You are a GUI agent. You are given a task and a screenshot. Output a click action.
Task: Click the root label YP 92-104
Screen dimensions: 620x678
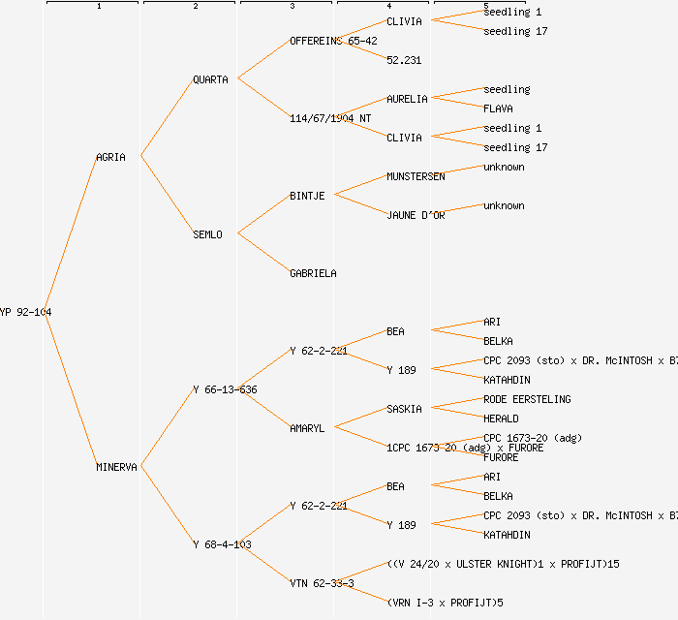pyautogui.click(x=25, y=312)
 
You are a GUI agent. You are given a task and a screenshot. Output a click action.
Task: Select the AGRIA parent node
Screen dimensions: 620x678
pyautogui.click(x=110, y=157)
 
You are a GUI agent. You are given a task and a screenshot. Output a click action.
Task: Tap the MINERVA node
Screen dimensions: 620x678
pyautogui.click(x=116, y=467)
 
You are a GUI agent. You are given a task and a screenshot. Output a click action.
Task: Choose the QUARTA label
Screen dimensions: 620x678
pyautogui.click(x=210, y=79)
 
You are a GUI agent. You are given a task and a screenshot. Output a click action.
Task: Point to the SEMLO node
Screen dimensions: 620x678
pyautogui.click(x=207, y=234)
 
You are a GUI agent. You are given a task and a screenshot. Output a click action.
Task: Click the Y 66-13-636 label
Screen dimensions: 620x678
pyautogui.click(x=225, y=389)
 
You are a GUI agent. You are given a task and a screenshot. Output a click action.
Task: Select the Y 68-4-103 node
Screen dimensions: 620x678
pyautogui.click(x=222, y=544)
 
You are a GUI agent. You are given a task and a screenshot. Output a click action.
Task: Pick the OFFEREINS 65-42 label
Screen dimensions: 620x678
pyautogui.click(x=334, y=41)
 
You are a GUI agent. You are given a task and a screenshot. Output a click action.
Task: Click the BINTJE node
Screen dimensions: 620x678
pyautogui.click(x=307, y=196)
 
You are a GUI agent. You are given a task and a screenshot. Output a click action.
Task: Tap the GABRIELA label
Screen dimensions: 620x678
pyautogui.click(x=313, y=273)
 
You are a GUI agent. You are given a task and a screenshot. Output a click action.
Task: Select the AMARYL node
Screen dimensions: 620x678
pyautogui.click(x=307, y=428)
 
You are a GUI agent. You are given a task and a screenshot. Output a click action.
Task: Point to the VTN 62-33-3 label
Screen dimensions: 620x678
pyautogui.click(x=322, y=583)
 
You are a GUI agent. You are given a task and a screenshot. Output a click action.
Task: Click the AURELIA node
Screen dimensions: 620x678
pyautogui.click(x=407, y=99)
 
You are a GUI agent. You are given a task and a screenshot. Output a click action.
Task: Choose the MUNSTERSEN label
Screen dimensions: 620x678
pyautogui.click(x=416, y=176)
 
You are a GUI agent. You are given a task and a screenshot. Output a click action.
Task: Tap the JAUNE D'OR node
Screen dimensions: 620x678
pyautogui.click(x=416, y=215)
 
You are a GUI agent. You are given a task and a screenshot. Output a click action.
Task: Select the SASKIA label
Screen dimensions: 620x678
pyautogui.click(x=404, y=409)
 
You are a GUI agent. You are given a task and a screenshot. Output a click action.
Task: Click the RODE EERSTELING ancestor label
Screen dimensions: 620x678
pyautogui.click(x=527, y=399)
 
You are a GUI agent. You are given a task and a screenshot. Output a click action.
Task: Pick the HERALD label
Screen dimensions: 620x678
pyautogui.click(x=501, y=418)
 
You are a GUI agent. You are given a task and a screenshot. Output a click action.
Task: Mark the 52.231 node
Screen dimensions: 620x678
pyautogui.click(x=404, y=60)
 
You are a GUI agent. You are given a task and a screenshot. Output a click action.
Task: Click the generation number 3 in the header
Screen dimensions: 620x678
pyautogui.click(x=292, y=7)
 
